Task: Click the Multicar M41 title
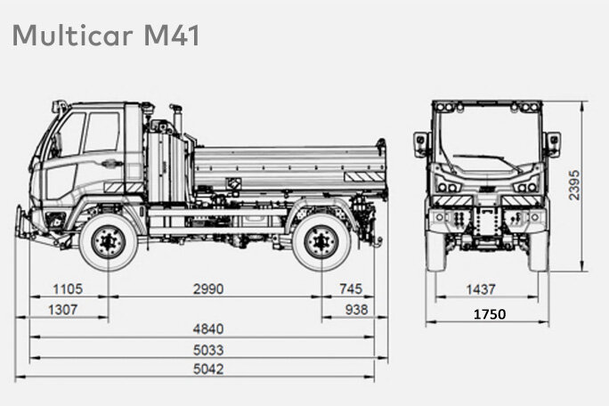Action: click(106, 36)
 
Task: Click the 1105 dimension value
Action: click(68, 289)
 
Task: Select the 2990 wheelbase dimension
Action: click(208, 289)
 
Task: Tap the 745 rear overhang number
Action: click(351, 288)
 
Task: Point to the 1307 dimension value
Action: click(62, 310)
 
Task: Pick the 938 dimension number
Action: click(356, 310)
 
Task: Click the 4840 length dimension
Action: click(208, 329)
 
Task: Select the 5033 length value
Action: click(208, 350)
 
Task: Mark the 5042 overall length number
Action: click(208, 369)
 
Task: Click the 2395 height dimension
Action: click(574, 185)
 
